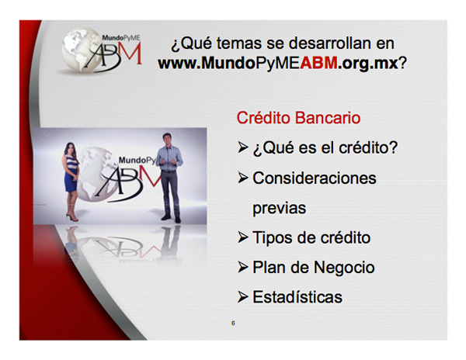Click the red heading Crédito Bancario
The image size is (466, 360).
click(298, 118)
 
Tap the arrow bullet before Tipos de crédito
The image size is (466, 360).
click(243, 237)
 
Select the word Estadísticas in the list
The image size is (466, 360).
click(297, 297)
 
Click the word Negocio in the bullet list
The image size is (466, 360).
click(344, 268)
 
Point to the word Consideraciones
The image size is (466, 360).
click(314, 178)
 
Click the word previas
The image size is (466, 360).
click(279, 209)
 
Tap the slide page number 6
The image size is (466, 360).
click(233, 324)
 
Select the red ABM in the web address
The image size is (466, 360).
click(318, 63)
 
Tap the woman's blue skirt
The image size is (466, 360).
click(71, 182)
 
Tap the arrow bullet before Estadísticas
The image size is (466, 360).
click(243, 297)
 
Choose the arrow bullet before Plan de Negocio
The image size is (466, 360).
click(243, 268)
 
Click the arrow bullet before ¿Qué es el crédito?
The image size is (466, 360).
click(243, 147)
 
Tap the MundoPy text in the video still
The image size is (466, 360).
click(137, 161)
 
